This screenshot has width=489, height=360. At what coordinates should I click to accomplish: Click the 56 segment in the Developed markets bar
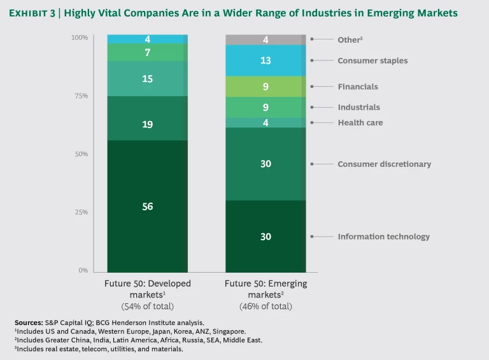coord(147,206)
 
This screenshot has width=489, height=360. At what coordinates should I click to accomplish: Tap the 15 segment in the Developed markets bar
coord(147,78)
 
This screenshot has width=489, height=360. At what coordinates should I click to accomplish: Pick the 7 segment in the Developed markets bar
coord(147,52)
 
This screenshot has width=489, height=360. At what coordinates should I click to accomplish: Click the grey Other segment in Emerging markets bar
coord(266,40)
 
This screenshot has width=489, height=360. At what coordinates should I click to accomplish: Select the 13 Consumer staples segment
coord(266,61)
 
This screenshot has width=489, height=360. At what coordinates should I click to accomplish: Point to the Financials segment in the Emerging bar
coord(266,86)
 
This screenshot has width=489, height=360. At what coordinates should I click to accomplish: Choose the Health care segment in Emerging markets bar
coord(266,122)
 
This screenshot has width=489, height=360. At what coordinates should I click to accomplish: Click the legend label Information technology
coord(383,236)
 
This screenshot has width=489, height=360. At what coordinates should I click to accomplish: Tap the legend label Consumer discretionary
coord(384,164)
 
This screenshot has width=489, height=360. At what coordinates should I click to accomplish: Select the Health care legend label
coord(360,122)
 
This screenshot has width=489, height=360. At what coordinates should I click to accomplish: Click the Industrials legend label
coord(358,107)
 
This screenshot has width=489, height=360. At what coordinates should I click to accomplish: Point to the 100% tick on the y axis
coord(80,38)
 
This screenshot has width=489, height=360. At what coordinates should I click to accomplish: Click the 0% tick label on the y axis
coord(83,270)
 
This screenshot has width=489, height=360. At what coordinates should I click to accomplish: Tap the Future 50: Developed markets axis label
coord(148,289)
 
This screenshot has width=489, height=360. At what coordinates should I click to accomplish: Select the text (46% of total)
coord(266,306)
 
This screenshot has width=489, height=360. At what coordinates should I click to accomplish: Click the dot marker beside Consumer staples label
coord(312,61)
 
